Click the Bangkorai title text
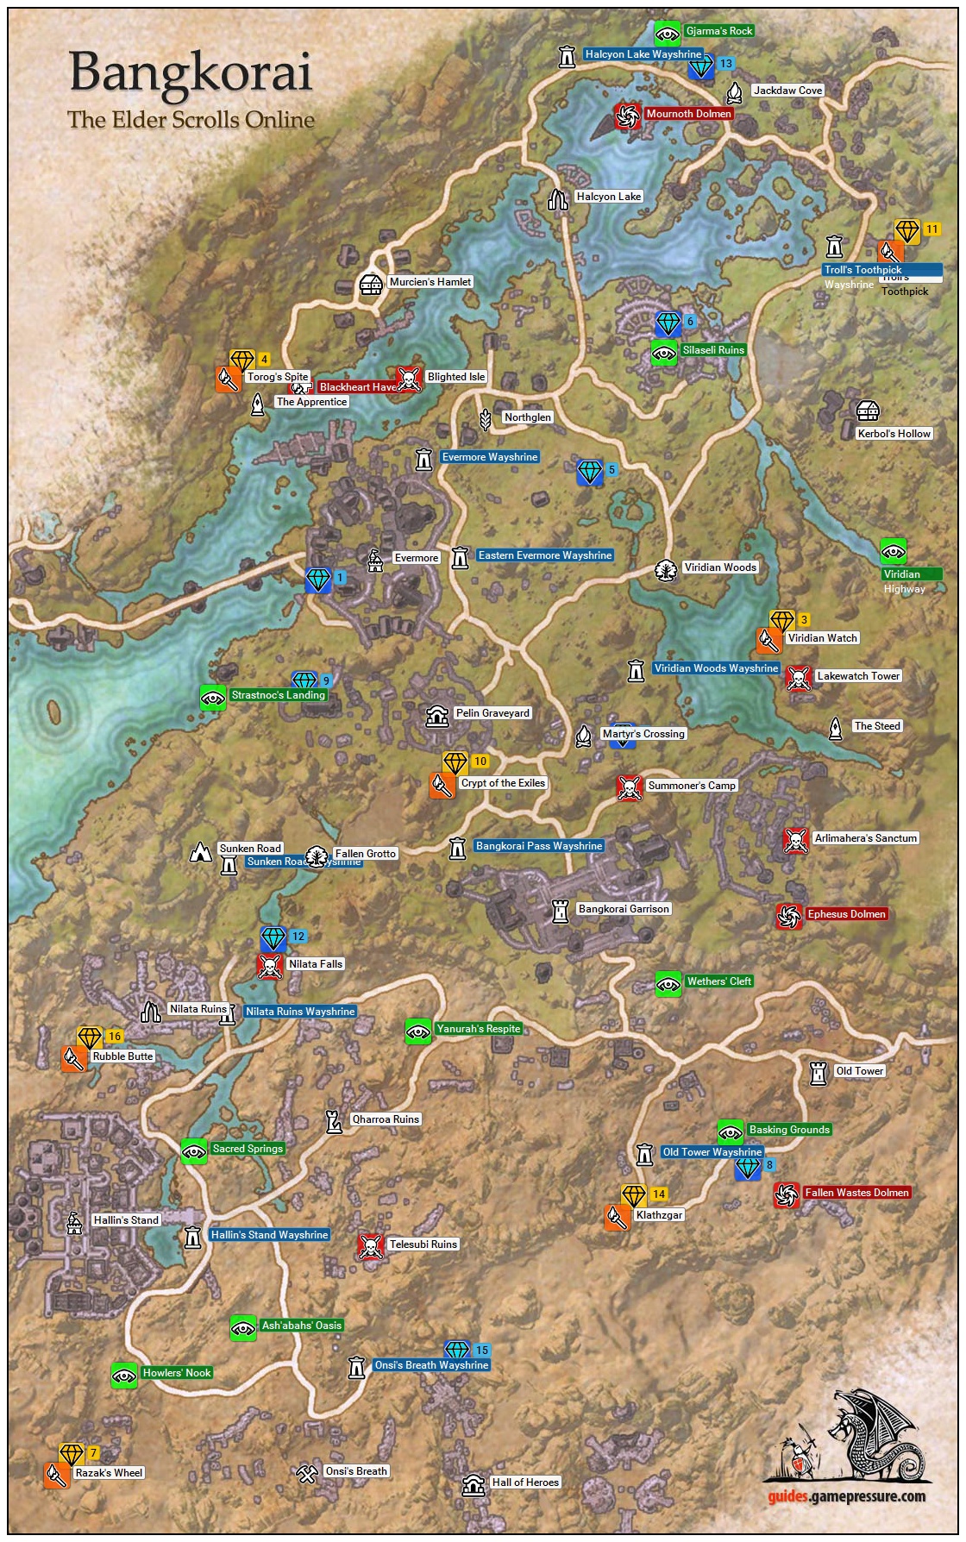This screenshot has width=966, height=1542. [190, 72]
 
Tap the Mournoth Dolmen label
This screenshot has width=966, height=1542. [688, 114]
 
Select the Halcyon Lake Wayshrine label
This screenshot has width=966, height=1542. [643, 54]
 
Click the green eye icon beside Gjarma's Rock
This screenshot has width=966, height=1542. [666, 33]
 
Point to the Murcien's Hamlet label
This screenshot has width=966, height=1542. [430, 282]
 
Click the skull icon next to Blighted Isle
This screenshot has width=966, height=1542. [408, 379]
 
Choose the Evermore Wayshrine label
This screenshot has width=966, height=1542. [489, 457]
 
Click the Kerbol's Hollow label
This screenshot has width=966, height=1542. [894, 434]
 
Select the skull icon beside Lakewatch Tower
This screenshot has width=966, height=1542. [799, 678]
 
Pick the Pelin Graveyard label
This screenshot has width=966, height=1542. [492, 713]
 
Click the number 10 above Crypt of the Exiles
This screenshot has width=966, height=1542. [480, 762]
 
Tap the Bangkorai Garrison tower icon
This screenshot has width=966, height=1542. [561, 910]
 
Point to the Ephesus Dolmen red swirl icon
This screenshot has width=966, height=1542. [788, 916]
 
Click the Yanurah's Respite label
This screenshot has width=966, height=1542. [478, 1029]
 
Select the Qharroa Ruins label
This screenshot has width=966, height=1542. [385, 1119]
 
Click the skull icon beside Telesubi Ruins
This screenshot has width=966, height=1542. [371, 1246]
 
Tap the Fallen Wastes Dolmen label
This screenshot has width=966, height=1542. [856, 1193]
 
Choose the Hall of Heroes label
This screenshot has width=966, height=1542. [525, 1482]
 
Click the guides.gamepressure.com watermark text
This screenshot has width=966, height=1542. [846, 1496]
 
